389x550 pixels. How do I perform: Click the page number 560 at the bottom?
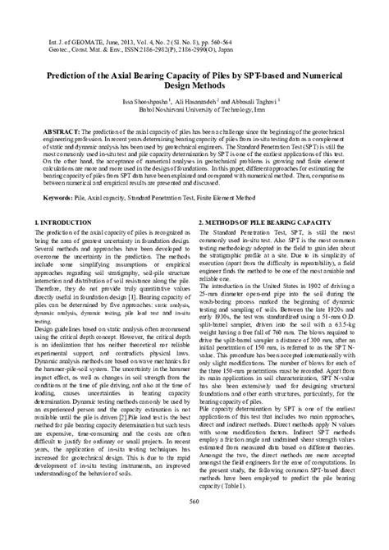[x=194, y=525]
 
